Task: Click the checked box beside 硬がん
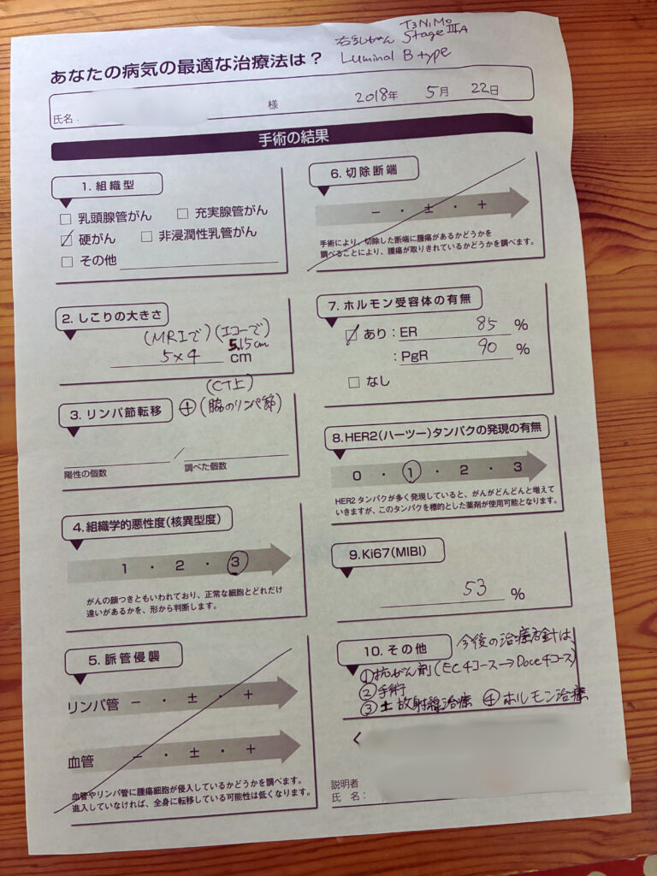click(x=67, y=240)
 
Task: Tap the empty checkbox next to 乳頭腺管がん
click(x=66, y=218)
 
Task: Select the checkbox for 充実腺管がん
click(x=182, y=212)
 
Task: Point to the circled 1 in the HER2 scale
click(x=413, y=471)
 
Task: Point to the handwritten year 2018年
click(x=377, y=95)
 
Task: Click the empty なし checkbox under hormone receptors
click(x=353, y=382)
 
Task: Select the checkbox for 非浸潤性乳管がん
click(x=147, y=235)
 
